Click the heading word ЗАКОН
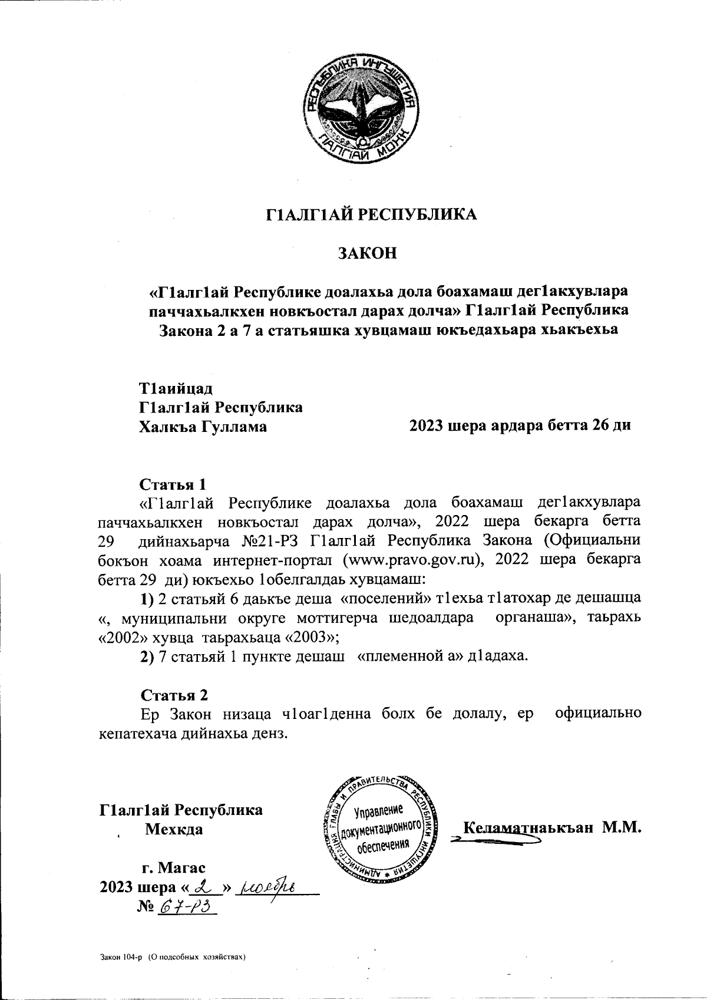point(367,254)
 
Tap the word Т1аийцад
point(176,389)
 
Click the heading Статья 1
point(173,484)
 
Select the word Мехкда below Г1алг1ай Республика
point(174,829)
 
